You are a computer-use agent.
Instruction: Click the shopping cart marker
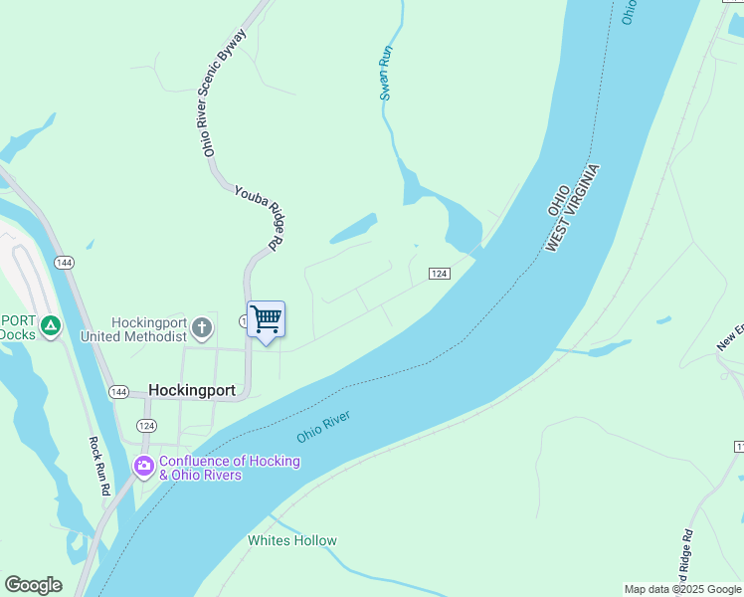266,320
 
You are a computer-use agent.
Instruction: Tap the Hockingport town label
192,391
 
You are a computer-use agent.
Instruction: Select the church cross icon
202,328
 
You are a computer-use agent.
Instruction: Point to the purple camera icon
144,466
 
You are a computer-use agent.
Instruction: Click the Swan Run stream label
387,72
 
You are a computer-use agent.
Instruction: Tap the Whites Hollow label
291,541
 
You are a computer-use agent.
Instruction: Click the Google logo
33,585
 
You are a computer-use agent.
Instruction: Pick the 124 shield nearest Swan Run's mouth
440,274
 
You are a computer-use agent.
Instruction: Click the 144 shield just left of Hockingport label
118,391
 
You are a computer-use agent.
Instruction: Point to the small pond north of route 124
353,229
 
